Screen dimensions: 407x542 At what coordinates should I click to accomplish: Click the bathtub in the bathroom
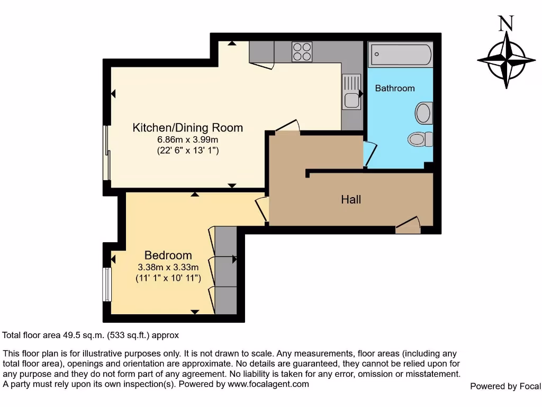401,55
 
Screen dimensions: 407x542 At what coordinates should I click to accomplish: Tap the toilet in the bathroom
419,139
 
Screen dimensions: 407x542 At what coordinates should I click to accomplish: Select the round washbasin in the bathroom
423,113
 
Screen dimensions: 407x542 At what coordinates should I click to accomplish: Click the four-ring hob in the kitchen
302,51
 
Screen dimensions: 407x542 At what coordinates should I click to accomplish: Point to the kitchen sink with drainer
351,92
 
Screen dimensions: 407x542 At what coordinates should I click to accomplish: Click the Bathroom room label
395,88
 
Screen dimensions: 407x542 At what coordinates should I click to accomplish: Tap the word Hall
351,199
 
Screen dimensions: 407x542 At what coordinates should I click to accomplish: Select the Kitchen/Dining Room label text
187,128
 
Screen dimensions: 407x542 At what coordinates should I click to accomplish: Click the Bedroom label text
168,255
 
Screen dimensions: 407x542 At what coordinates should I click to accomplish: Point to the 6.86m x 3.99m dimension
187,139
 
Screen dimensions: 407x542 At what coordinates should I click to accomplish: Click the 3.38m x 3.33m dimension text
168,267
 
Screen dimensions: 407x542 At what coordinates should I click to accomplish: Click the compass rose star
507,59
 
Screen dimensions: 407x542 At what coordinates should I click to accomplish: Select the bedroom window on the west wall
107,284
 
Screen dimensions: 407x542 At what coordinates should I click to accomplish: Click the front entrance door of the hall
408,227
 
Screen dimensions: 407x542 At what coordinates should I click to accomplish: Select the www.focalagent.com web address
268,384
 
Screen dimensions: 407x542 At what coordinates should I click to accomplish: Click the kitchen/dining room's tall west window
107,154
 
